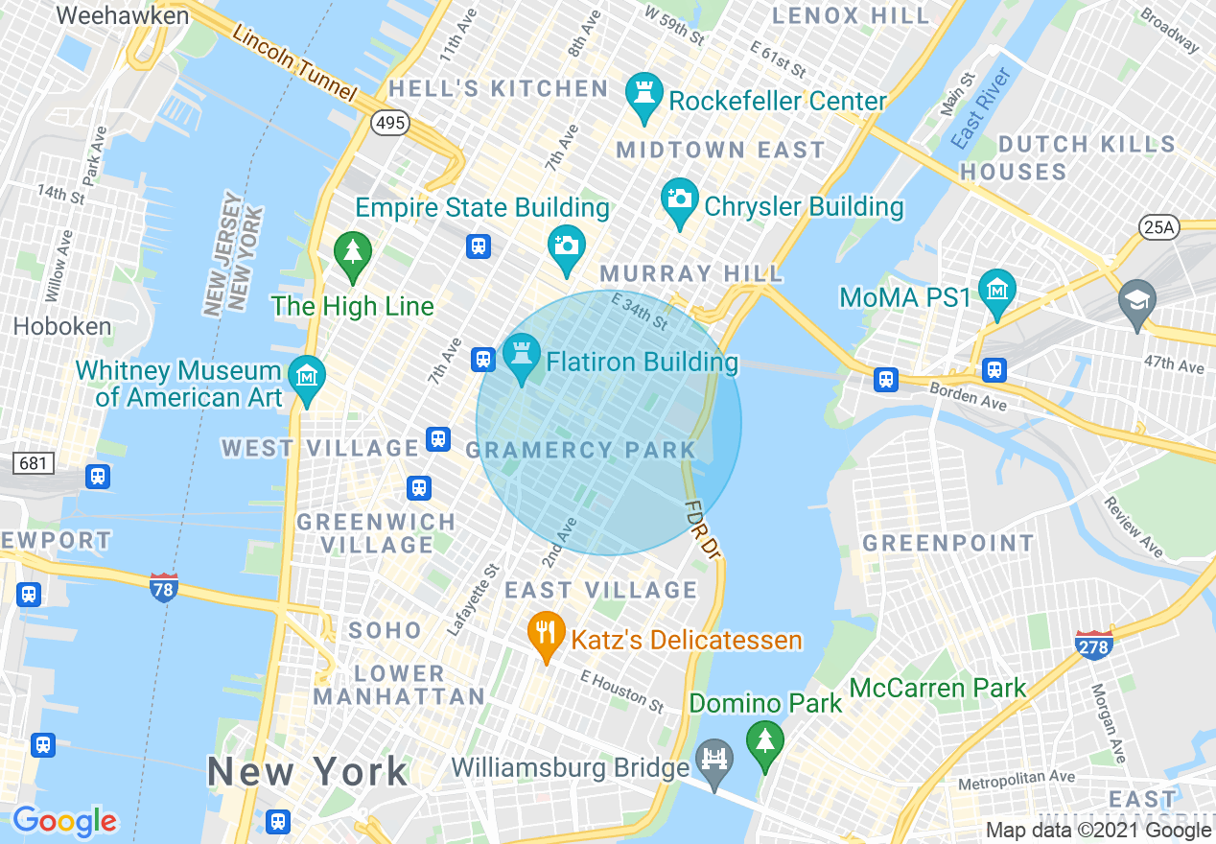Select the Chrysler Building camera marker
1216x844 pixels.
click(x=680, y=199)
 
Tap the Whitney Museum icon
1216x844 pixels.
click(x=307, y=376)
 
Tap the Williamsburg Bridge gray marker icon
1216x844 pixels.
click(x=715, y=760)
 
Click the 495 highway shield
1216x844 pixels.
click(x=391, y=123)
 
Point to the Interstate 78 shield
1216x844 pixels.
click(x=164, y=587)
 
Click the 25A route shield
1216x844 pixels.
click(x=1158, y=227)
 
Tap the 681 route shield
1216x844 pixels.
click(x=34, y=463)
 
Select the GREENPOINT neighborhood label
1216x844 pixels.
click(x=947, y=544)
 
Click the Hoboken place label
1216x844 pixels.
click(x=62, y=326)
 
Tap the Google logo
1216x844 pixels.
click(x=64, y=821)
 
